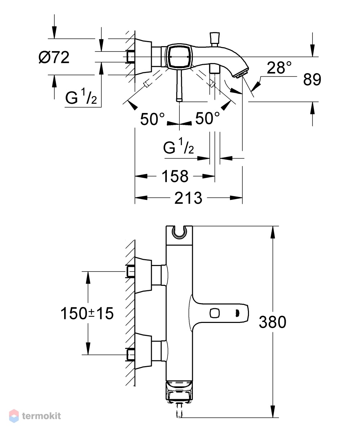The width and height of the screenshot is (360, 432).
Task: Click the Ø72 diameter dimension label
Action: point(54,58)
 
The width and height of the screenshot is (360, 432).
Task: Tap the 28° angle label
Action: point(279,68)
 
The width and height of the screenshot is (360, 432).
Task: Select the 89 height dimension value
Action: point(312,79)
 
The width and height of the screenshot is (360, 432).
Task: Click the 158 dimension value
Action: point(175,176)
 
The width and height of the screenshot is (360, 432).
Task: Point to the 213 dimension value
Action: point(188,198)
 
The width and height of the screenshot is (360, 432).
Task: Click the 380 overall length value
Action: point(272,322)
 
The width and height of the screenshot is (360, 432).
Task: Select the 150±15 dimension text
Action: point(87,313)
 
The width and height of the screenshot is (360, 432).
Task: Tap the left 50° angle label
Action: point(152,119)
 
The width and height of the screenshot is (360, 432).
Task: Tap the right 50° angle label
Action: point(207,118)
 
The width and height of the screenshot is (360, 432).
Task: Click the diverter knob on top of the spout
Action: point(214,39)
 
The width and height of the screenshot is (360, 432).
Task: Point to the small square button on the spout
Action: point(214,313)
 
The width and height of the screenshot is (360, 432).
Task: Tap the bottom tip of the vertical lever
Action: point(179,101)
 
